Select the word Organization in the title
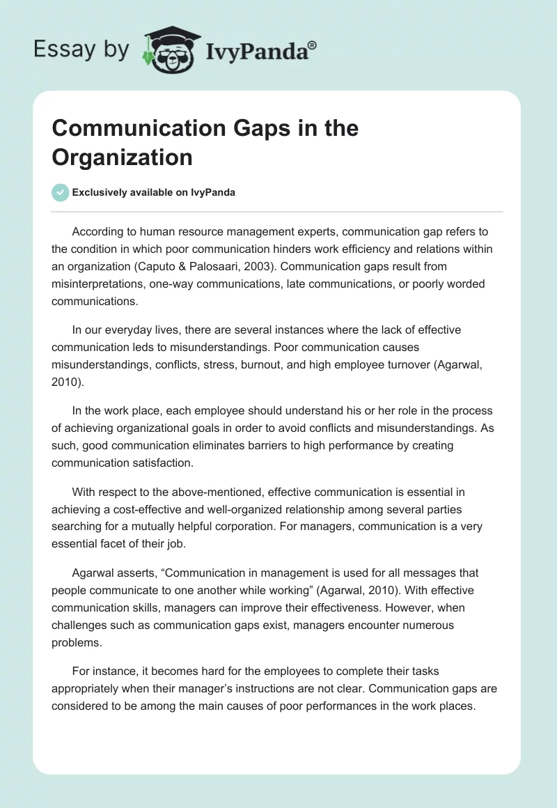click(x=122, y=157)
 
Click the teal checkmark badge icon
click(x=61, y=192)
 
